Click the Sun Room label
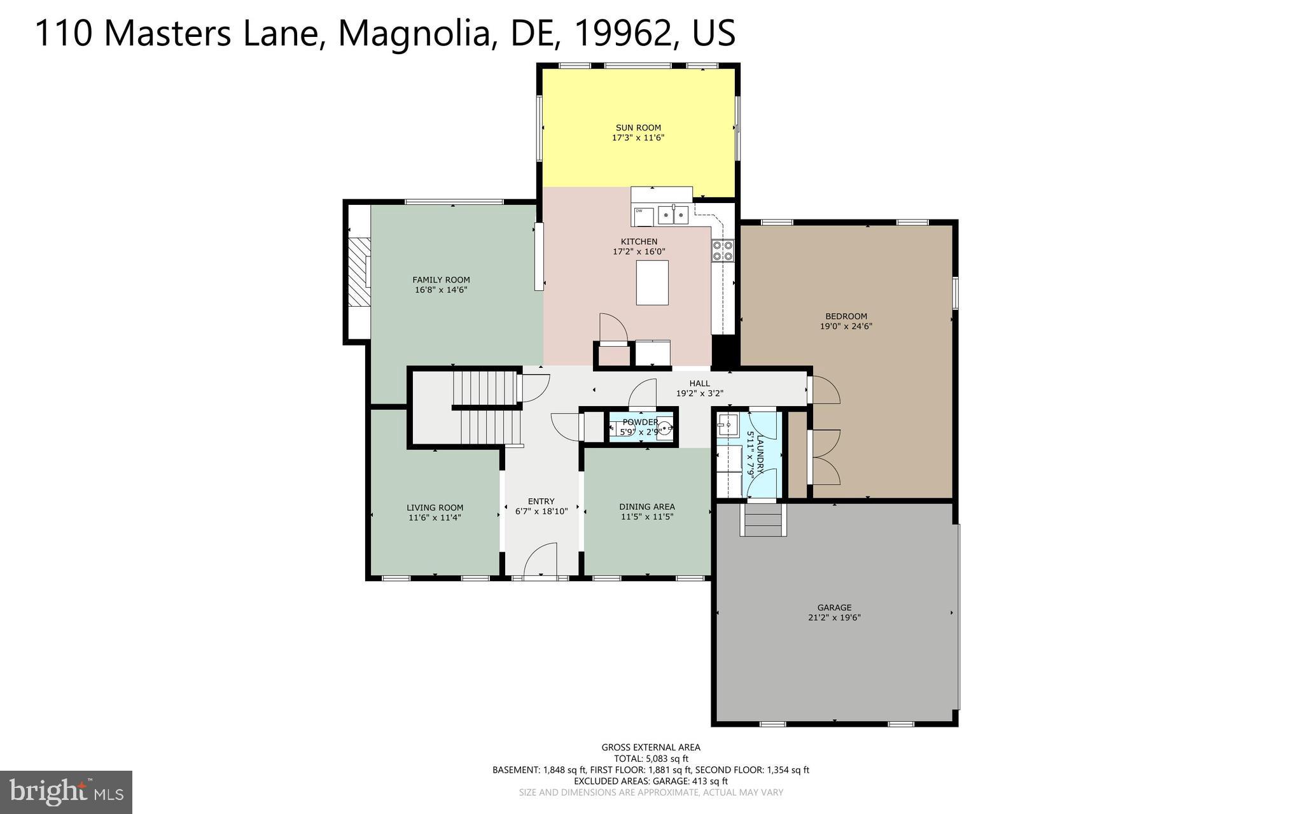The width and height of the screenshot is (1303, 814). [x=638, y=127]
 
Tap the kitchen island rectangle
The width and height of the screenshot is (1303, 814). [x=652, y=282]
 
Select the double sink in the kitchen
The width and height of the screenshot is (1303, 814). [x=673, y=215]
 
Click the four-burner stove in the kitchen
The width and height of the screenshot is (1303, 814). [x=723, y=250]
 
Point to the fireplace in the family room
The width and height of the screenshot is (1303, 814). [x=359, y=272]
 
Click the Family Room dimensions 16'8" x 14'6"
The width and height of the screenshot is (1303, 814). [x=441, y=290]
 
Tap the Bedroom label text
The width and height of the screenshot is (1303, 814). [x=846, y=316]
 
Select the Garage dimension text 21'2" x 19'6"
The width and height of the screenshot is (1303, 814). [x=834, y=618]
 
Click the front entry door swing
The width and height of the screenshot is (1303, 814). [x=541, y=560]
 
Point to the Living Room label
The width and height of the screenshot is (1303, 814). [x=435, y=508]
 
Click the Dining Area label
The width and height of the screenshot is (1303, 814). [x=646, y=507]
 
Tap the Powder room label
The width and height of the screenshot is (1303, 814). [x=640, y=422]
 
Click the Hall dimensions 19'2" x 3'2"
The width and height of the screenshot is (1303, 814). [x=699, y=393]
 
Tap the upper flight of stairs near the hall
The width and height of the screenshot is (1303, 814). [x=484, y=388]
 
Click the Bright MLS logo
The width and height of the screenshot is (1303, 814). [x=66, y=792]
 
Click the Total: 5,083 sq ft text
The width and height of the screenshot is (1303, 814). [x=650, y=759]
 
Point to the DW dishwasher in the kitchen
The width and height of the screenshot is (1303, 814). [x=643, y=216]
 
